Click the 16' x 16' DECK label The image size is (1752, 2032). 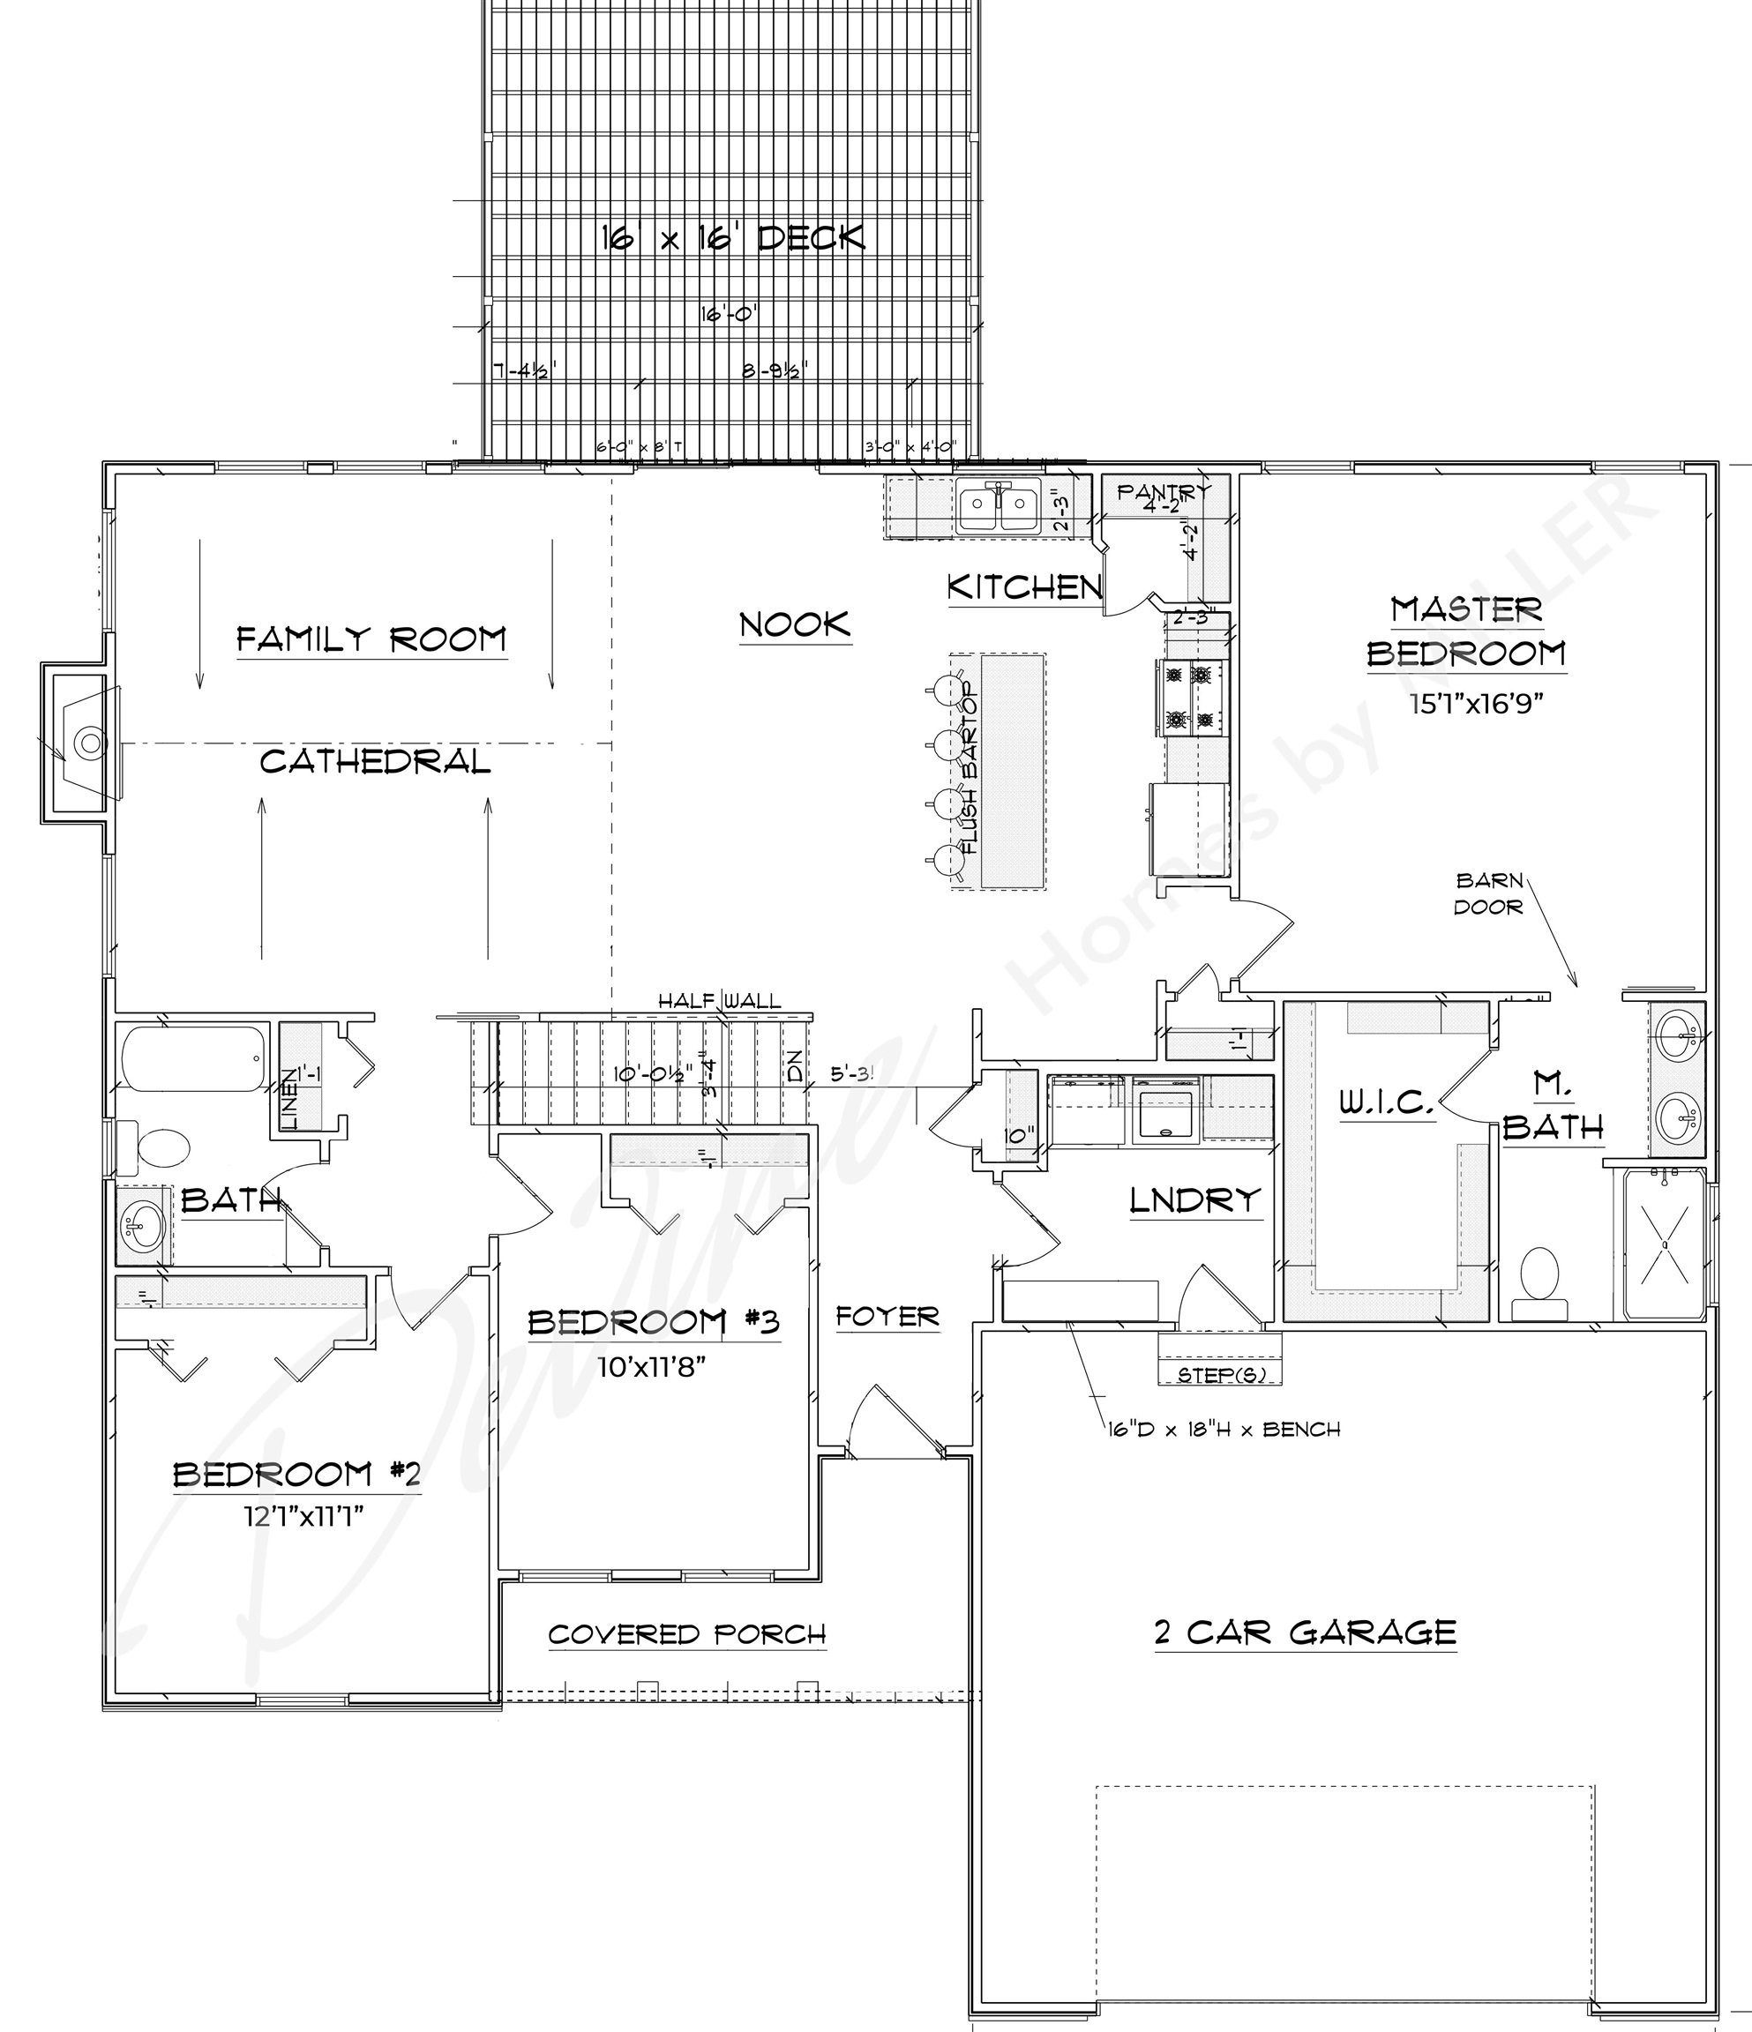(733, 237)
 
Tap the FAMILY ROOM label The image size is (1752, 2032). (371, 639)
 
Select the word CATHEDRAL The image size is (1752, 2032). (375, 761)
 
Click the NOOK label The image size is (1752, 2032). (795, 624)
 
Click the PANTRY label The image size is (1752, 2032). (1164, 491)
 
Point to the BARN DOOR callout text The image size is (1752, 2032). (1488, 893)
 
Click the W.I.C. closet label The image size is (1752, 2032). (1387, 1103)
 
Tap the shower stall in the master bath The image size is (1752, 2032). (1664, 1244)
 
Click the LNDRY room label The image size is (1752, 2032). (1194, 1200)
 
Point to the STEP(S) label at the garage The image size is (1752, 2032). (1219, 1375)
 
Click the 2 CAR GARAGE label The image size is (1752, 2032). (1306, 1631)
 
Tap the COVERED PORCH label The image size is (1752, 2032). (686, 1634)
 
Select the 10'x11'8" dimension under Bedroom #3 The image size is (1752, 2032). (652, 1366)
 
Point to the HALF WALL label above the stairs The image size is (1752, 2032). (719, 1000)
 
